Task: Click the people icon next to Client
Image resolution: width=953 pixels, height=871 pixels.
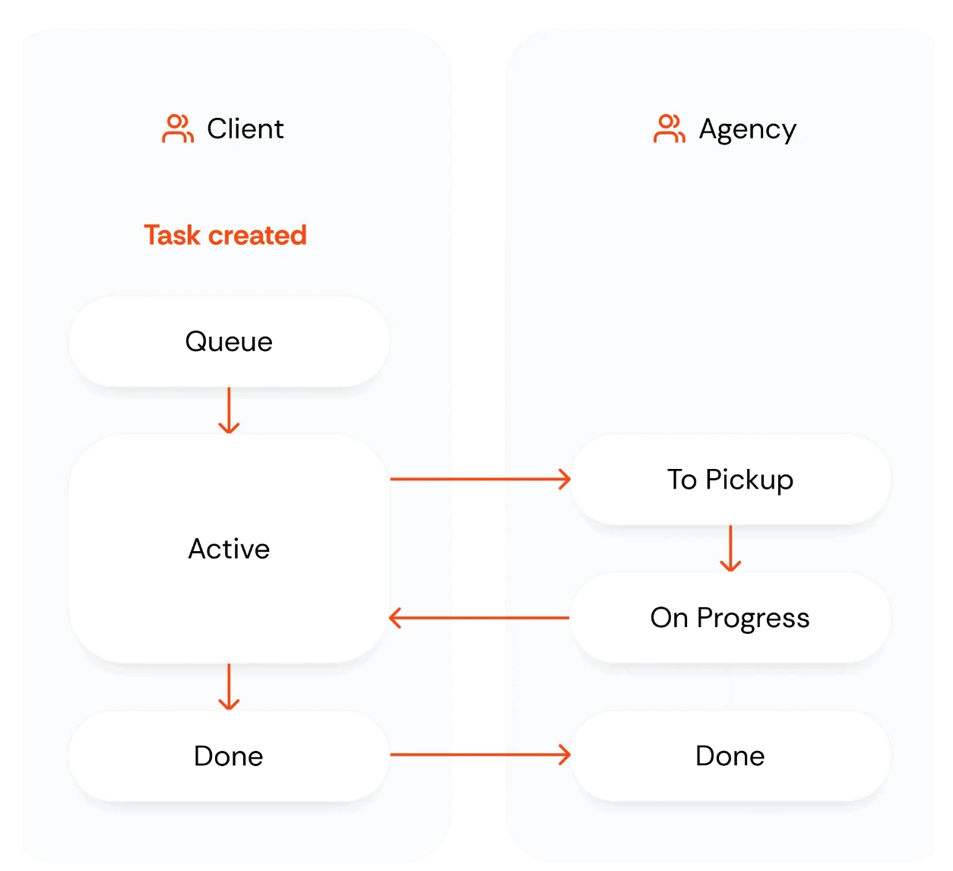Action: (x=178, y=128)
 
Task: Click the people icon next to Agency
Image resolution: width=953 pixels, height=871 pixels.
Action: (x=669, y=128)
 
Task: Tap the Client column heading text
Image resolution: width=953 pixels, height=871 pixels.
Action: (x=245, y=129)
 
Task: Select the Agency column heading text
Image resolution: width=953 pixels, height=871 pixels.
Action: (x=747, y=130)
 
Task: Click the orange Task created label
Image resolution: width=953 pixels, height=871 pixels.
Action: (x=226, y=236)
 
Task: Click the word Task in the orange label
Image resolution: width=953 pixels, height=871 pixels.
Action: (x=172, y=236)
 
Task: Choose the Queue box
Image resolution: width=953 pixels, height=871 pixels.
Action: (x=229, y=342)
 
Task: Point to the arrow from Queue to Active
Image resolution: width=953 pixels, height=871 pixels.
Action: (x=229, y=411)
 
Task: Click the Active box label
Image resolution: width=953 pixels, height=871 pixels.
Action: (x=229, y=549)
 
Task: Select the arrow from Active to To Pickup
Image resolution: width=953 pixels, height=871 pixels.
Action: (x=480, y=479)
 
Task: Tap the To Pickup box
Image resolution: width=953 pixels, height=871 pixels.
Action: (x=730, y=480)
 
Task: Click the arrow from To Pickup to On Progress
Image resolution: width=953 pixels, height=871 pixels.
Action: (x=730, y=549)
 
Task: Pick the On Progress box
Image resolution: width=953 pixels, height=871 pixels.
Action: (x=730, y=618)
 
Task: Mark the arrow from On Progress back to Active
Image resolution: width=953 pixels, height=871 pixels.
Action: (x=480, y=618)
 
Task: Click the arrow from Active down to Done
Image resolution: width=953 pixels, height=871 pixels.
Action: (x=229, y=687)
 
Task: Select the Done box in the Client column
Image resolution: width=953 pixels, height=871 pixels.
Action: (x=229, y=756)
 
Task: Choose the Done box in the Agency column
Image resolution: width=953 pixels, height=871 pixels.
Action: (x=730, y=756)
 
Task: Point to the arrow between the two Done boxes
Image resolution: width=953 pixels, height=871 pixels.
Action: (x=480, y=755)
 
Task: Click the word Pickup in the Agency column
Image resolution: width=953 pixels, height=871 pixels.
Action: (x=749, y=480)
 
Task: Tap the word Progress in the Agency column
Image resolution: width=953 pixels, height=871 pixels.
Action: (x=752, y=619)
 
